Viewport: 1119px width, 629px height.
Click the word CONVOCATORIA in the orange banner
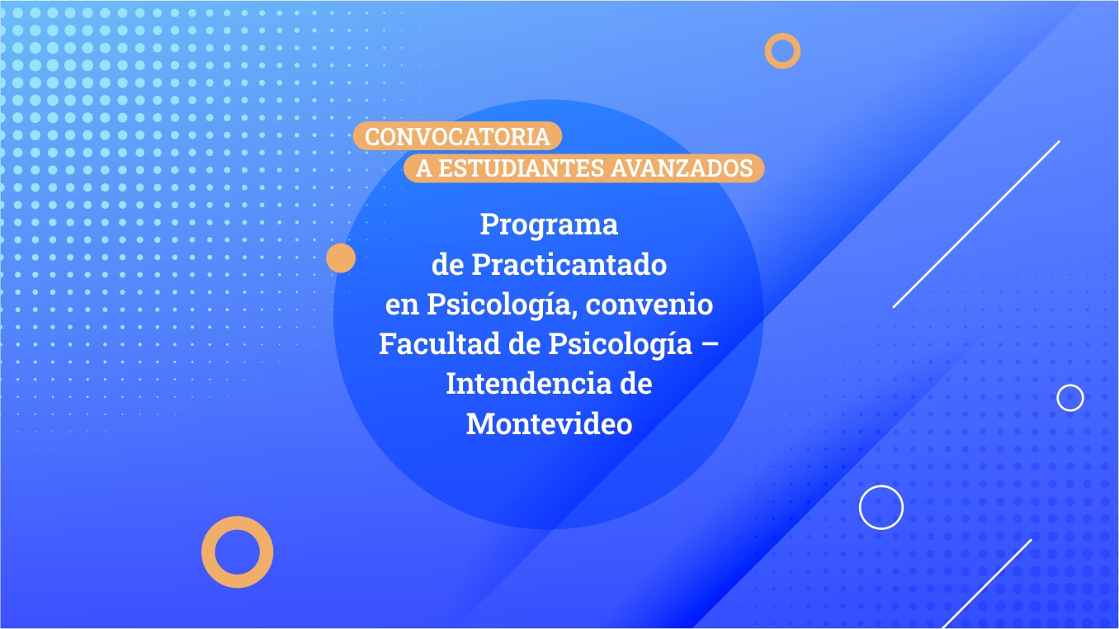pos(457,137)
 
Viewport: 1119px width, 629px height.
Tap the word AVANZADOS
pos(682,168)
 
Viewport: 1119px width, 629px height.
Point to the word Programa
pos(549,225)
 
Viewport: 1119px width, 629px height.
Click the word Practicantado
pos(569,264)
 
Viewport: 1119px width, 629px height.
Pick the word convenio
pos(649,305)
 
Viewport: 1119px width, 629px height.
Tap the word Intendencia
pos(528,384)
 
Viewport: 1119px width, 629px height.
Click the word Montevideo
pos(549,423)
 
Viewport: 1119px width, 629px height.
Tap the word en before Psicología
pos(402,306)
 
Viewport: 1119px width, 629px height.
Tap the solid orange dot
pos(341,258)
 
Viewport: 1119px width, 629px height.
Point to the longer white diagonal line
pos(976,225)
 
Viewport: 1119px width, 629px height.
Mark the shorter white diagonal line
pos(987,584)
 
